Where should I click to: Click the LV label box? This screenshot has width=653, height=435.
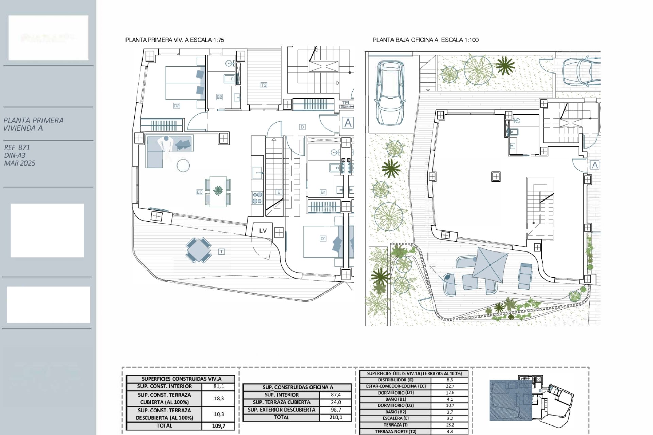click(x=263, y=231)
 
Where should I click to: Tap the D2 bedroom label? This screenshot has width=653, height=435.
click(x=177, y=106)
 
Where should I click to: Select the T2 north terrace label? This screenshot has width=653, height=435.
click(x=264, y=85)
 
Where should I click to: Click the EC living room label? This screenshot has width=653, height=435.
click(x=200, y=192)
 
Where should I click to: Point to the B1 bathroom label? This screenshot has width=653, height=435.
click(x=323, y=192)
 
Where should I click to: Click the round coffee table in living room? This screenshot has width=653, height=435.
click(x=183, y=166)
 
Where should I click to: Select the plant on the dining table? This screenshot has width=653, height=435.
click(x=218, y=190)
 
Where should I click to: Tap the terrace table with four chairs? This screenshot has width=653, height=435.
click(x=198, y=250)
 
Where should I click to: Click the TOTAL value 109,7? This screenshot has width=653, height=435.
click(x=218, y=426)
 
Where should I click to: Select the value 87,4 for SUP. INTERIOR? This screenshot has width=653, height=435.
click(x=335, y=395)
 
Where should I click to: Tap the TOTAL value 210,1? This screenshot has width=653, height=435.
click(x=335, y=417)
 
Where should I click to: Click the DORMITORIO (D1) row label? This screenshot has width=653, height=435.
click(x=396, y=393)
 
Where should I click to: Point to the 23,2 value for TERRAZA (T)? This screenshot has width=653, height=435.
click(x=450, y=425)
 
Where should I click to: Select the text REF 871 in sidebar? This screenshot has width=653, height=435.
click(x=17, y=147)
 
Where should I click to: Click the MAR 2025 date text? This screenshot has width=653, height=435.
click(x=20, y=163)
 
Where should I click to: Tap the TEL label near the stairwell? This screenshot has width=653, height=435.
click(x=346, y=103)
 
